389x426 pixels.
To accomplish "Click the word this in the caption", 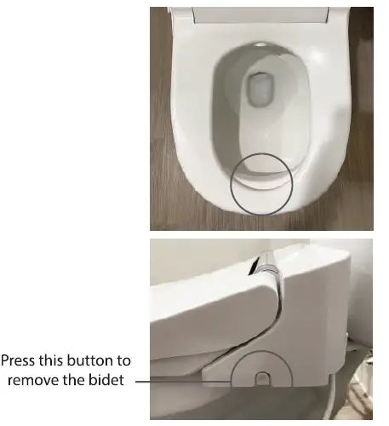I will pos(56,361).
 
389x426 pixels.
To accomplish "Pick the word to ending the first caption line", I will pos(124,361).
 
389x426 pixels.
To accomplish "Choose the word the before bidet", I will pos(83,380).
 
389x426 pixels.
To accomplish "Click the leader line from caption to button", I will pos(183,380).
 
